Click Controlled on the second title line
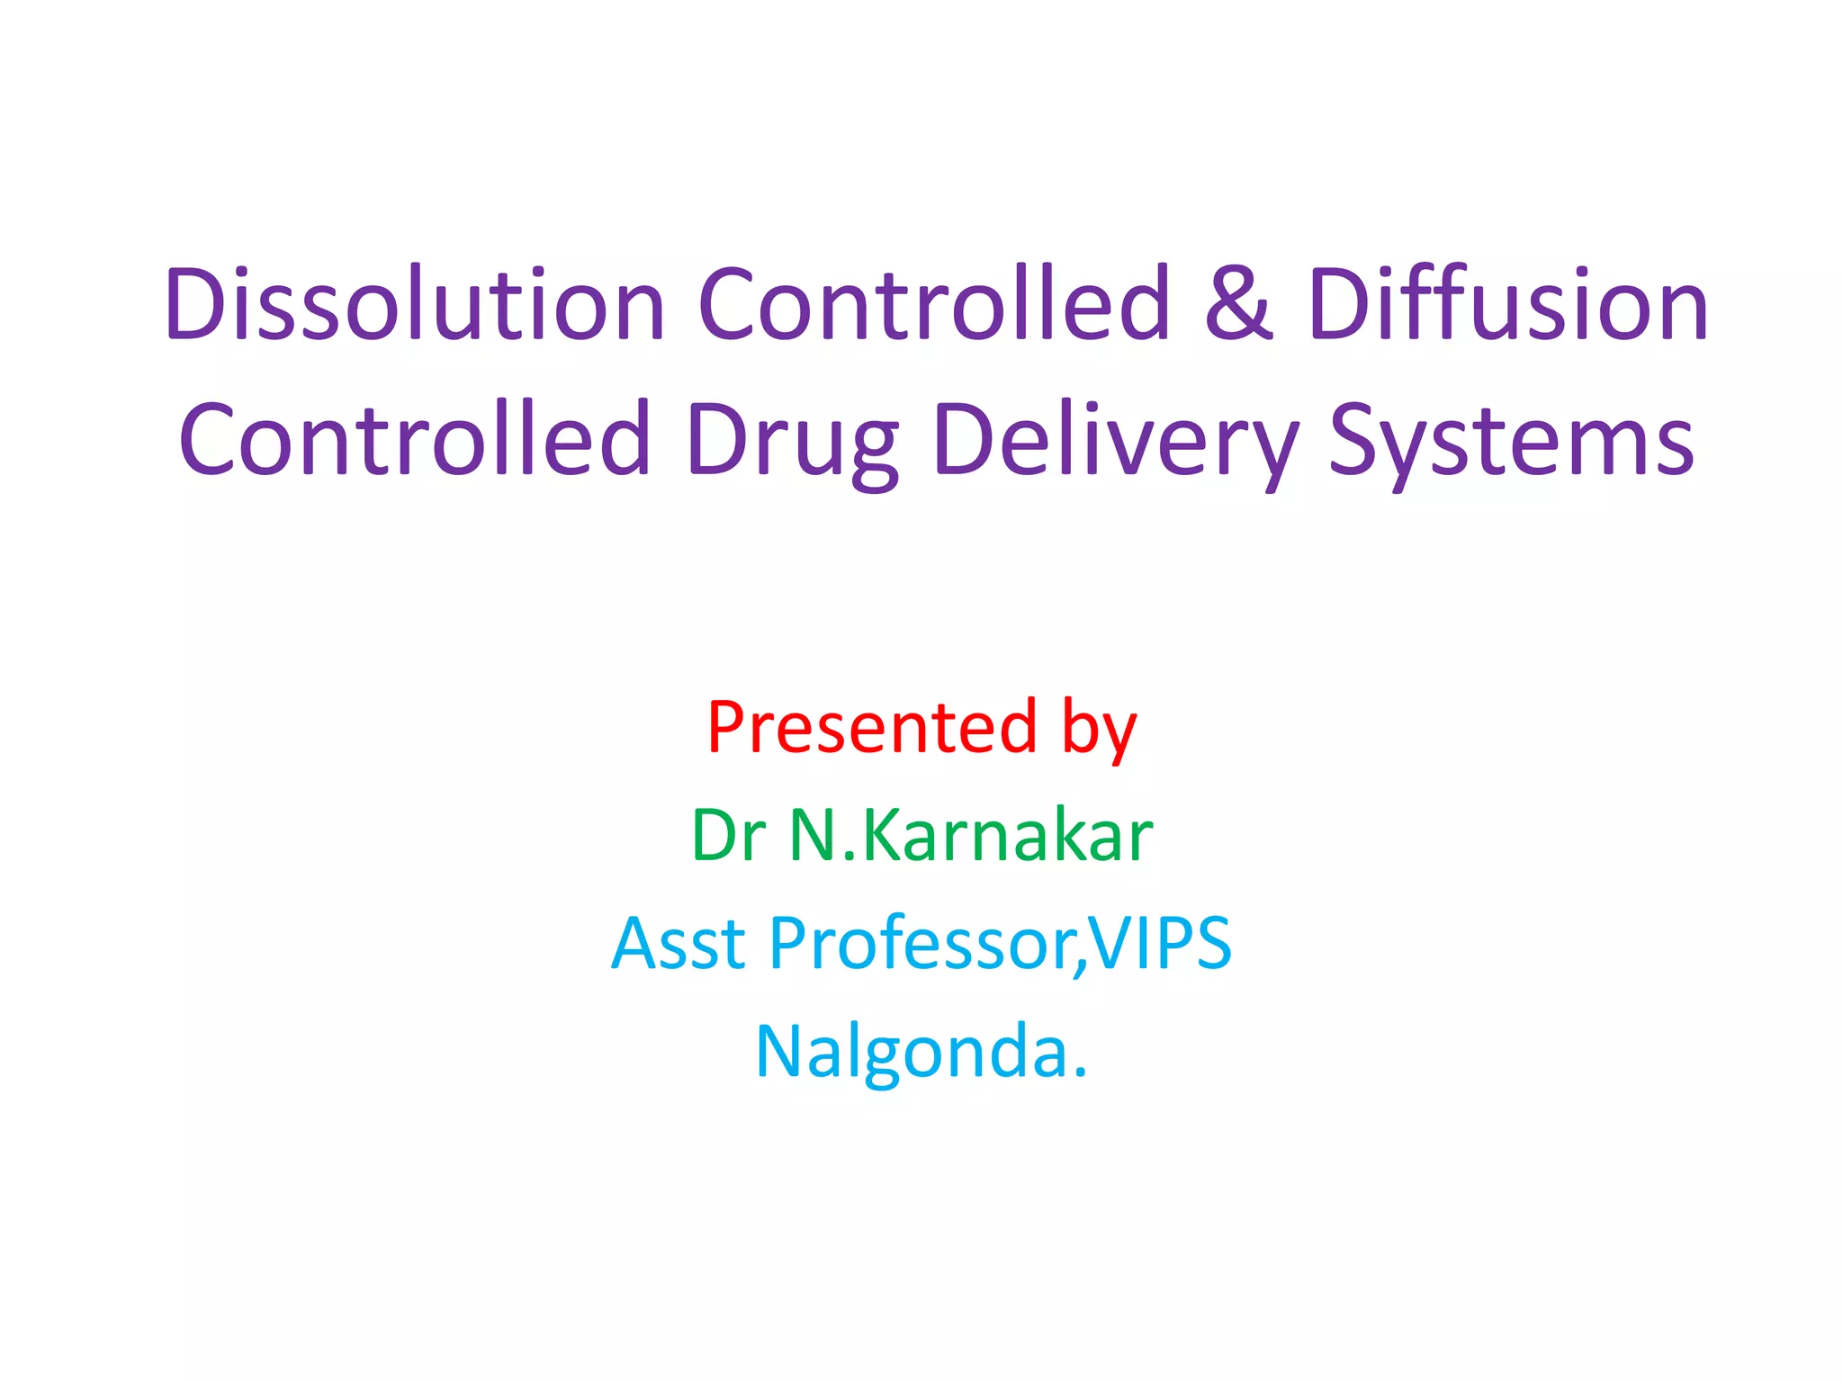(415, 441)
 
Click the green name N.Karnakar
(971, 835)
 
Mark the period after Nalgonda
(1081, 1072)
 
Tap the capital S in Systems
(1355, 441)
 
